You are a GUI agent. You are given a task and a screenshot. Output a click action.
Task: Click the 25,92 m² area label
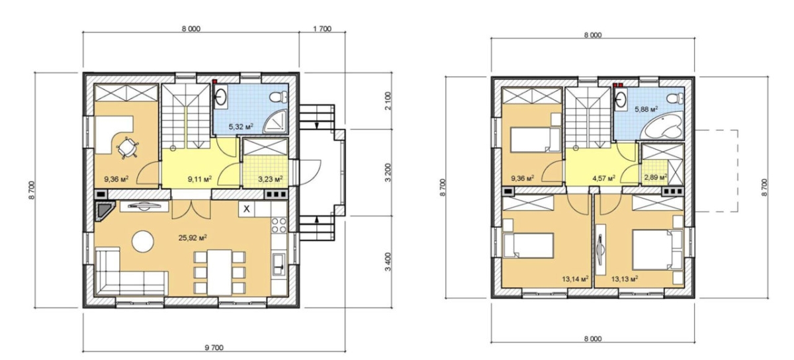pyautogui.click(x=193, y=238)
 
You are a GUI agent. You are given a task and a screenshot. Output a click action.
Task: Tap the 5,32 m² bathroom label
pyautogui.click(x=241, y=126)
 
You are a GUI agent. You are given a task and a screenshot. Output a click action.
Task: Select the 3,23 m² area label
pyautogui.click(x=270, y=179)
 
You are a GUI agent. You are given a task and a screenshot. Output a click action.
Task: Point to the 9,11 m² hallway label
pyautogui.click(x=200, y=179)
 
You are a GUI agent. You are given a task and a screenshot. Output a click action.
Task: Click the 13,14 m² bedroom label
pyautogui.click(x=575, y=279)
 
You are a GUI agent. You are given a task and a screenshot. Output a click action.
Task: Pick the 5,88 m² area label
pyautogui.click(x=646, y=109)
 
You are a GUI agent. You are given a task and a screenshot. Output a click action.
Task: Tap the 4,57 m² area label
pyautogui.click(x=603, y=177)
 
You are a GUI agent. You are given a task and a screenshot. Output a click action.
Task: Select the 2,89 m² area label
pyautogui.click(x=656, y=177)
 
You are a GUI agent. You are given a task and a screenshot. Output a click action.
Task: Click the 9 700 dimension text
pyautogui.click(x=214, y=347)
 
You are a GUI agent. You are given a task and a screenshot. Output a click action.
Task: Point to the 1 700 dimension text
pyautogui.click(x=322, y=28)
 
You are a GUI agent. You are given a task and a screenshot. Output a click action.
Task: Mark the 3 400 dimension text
pyautogui.click(x=388, y=262)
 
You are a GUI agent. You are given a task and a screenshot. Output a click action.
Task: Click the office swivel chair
pyautogui.click(x=127, y=147)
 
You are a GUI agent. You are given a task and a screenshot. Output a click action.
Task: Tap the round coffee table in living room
pyautogui.click(x=143, y=242)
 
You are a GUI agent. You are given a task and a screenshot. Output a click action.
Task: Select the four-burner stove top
pyautogui.click(x=279, y=225)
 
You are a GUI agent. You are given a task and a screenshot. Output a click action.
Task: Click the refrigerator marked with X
pyautogui.click(x=246, y=209)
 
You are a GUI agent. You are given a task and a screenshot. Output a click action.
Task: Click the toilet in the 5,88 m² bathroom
pyautogui.click(x=675, y=98)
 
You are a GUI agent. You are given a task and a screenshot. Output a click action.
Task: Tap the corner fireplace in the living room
pyautogui.click(x=105, y=212)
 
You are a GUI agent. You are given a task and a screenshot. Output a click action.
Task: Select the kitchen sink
pyautogui.click(x=279, y=265)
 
